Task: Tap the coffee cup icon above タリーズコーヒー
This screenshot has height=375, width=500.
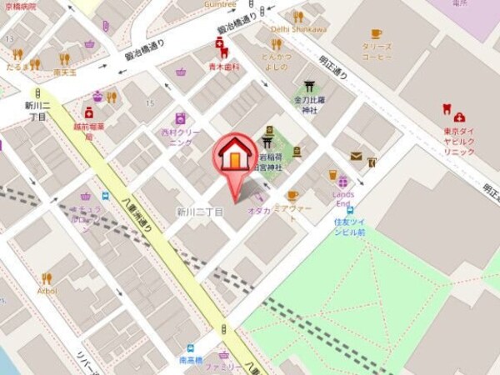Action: point(376,33)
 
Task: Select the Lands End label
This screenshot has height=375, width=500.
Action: point(342,199)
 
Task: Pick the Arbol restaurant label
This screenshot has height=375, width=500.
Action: point(47,292)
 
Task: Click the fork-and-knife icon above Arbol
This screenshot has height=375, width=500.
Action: point(47,278)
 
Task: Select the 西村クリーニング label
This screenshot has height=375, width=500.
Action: point(181,136)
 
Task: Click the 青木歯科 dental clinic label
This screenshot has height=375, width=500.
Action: point(223,66)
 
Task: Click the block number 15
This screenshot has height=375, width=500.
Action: point(150,102)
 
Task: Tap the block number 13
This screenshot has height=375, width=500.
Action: point(8,39)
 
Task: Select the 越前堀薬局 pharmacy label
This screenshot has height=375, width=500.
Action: point(88,129)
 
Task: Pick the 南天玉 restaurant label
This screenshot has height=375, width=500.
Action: point(64,72)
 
